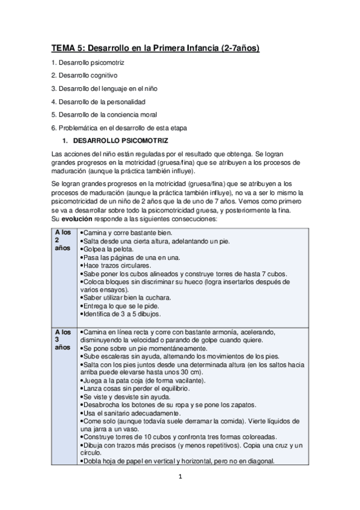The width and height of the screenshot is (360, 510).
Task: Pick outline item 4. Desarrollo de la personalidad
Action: (98, 101)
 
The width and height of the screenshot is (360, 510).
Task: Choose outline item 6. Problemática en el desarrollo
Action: (118, 127)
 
